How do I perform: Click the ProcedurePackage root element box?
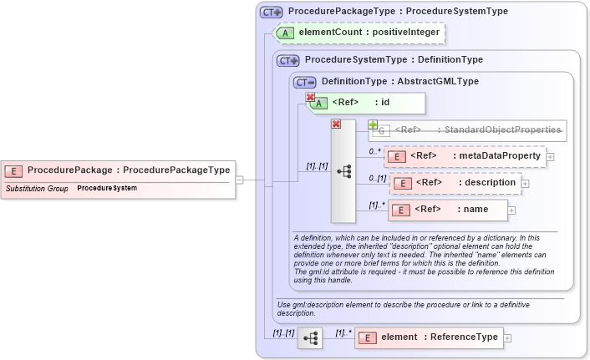117,170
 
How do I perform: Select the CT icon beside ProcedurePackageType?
272,13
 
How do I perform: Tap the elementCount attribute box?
359,33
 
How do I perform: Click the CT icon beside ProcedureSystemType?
288,60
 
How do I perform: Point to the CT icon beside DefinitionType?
305,82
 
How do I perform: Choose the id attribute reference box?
368,103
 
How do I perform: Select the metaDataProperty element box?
464,156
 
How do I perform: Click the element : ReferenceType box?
428,337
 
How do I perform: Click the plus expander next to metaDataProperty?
551,157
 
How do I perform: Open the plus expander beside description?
526,184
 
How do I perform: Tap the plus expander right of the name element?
511,210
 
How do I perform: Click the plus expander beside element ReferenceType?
507,338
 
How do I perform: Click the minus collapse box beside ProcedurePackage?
239,179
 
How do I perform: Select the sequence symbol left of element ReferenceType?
310,338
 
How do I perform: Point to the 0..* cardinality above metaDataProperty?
375,151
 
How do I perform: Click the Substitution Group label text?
37,189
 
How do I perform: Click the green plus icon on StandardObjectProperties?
373,124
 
